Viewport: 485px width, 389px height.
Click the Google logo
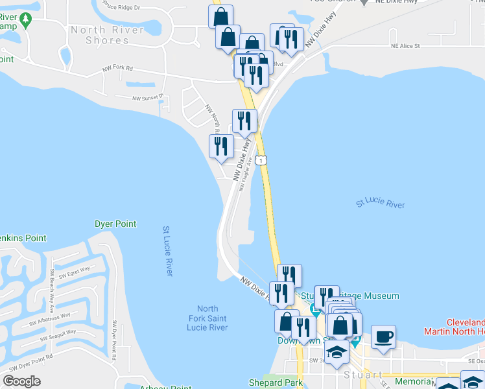point(21,381)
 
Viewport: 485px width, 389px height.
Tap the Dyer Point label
point(115,224)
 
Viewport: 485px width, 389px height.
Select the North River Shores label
point(108,35)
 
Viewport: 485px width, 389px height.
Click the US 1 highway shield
point(260,159)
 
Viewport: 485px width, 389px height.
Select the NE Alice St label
point(405,47)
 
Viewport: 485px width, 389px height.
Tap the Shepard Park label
point(276,383)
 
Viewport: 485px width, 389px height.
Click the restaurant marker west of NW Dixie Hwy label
point(221,146)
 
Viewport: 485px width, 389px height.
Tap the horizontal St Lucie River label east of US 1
point(380,204)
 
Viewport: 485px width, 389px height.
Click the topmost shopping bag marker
point(220,16)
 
